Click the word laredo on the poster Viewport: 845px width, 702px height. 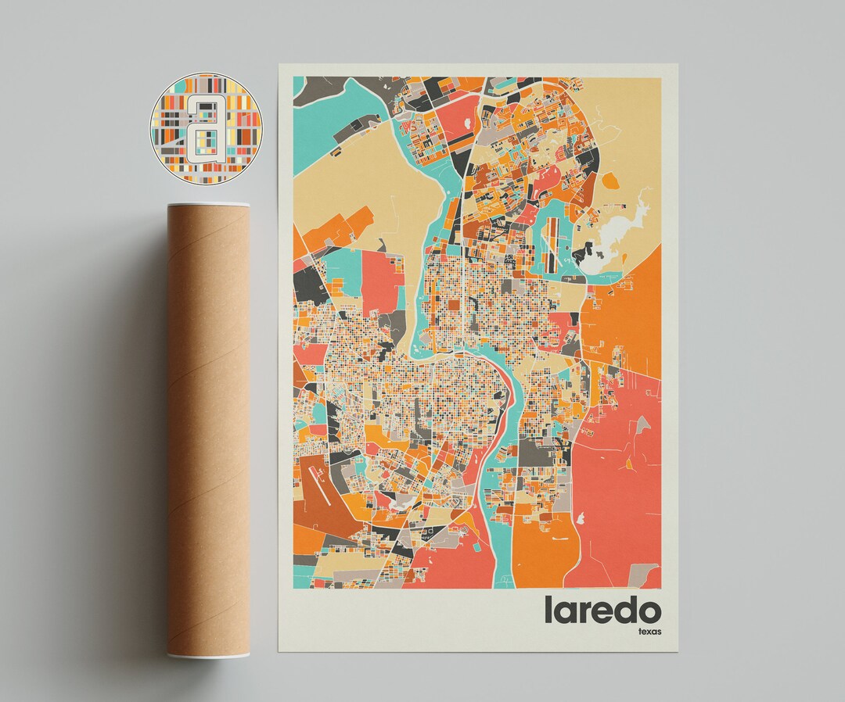click(x=602, y=611)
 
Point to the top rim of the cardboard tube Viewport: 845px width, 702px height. click(x=208, y=205)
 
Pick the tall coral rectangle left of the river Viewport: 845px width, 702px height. click(x=380, y=281)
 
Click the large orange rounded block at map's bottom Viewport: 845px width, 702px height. click(x=540, y=547)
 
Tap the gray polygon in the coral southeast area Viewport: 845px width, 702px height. click(x=642, y=426)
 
